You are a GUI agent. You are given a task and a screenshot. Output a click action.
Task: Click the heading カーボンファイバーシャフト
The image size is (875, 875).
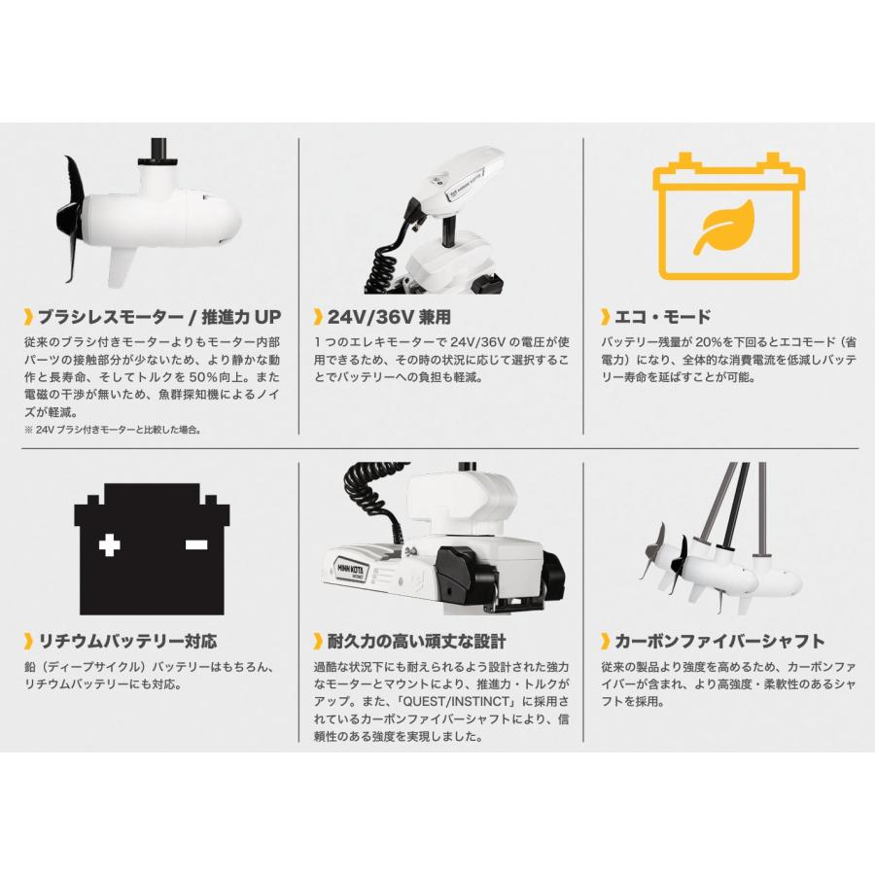[719, 641]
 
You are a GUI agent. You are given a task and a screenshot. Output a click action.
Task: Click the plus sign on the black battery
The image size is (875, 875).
[111, 545]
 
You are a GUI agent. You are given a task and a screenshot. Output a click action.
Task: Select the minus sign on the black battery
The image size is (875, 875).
[195, 545]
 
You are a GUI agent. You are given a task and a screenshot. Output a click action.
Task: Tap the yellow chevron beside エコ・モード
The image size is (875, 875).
[606, 317]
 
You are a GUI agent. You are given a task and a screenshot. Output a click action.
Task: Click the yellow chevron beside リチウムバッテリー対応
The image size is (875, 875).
[28, 641]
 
